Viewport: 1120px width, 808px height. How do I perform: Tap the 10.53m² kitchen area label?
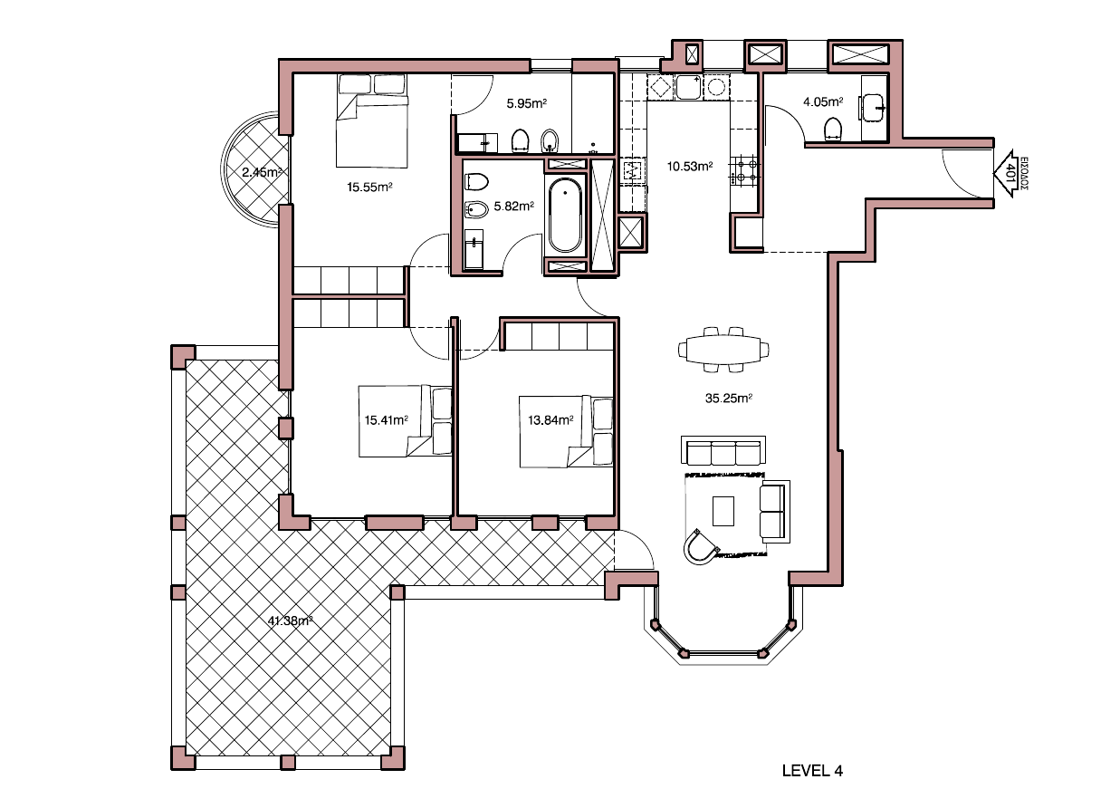click(x=690, y=166)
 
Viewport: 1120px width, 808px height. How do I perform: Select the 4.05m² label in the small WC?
click(x=823, y=102)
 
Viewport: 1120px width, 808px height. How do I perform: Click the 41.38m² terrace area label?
click(x=291, y=620)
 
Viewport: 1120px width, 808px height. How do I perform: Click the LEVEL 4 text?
click(x=812, y=771)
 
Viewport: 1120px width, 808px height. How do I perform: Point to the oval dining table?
click(x=723, y=349)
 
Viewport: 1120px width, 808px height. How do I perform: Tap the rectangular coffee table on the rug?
click(x=724, y=511)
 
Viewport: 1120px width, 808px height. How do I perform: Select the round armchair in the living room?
click(x=700, y=546)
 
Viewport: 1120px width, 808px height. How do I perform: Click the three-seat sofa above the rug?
click(x=723, y=450)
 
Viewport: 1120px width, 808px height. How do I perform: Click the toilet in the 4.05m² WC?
click(x=833, y=130)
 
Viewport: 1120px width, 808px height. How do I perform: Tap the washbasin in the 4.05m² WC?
click(x=876, y=107)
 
